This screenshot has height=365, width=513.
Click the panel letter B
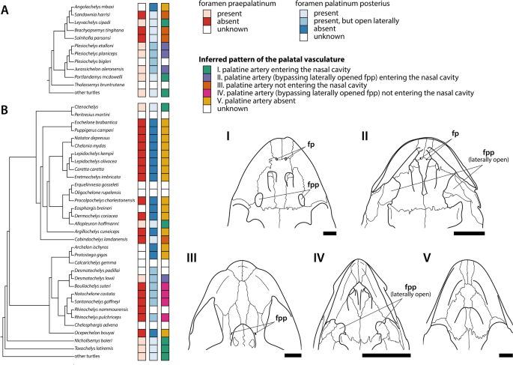tap(6, 110)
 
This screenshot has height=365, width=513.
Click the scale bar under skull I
tap(330, 234)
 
